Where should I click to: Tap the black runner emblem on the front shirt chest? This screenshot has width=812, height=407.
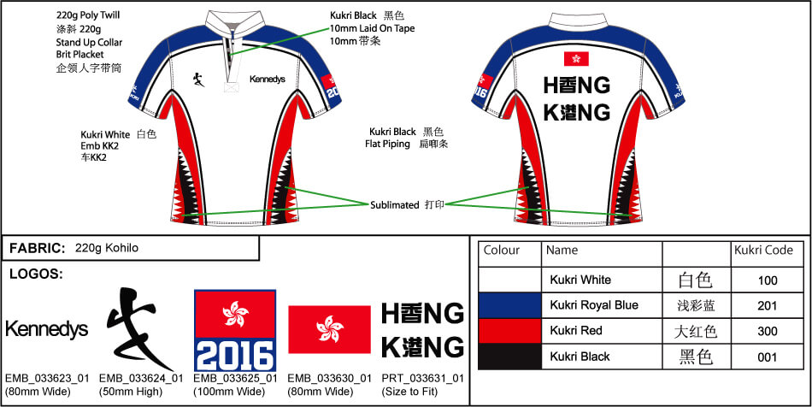197,81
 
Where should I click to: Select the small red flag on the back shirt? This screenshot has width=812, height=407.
576,58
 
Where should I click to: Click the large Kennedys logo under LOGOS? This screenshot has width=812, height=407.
46,329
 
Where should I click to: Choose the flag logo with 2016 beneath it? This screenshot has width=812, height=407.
234,330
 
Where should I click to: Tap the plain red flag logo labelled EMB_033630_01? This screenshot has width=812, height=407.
329,329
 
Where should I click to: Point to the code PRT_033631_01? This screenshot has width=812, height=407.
422,378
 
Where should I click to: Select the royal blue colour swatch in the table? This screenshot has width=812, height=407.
509,305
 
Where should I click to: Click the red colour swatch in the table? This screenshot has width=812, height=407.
509,331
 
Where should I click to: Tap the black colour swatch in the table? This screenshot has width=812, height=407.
509,357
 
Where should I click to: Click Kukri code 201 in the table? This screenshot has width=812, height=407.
767,305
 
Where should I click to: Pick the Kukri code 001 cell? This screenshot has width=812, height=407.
767,357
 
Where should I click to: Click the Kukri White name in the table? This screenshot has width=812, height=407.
580,280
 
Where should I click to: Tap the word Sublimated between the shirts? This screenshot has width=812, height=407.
395,205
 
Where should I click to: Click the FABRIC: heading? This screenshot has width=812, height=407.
38,248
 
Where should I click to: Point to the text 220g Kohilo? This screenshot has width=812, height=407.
107,248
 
